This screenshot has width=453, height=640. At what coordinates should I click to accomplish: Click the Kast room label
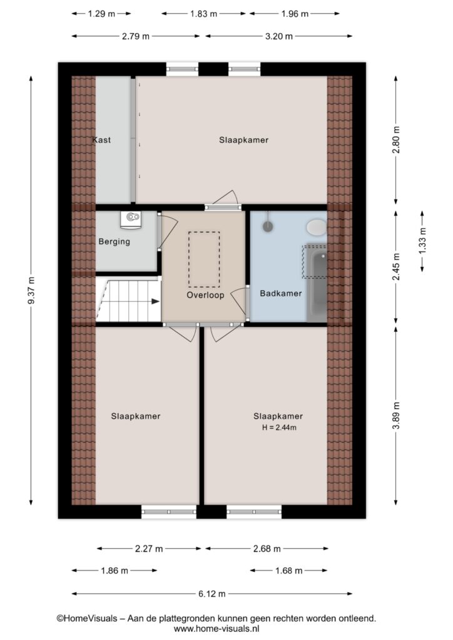(101, 140)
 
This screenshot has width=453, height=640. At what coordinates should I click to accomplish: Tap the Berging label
(115, 242)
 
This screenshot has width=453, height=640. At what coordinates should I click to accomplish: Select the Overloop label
(205, 295)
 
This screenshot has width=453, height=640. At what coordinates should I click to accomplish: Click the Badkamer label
(281, 294)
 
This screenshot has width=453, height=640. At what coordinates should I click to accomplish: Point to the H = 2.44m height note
(279, 427)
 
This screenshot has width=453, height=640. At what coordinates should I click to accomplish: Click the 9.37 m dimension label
(31, 290)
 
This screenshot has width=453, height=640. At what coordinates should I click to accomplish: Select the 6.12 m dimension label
(212, 594)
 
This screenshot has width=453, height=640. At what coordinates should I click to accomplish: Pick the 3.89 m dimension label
(396, 415)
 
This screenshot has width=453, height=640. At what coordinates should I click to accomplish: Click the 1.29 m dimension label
(102, 14)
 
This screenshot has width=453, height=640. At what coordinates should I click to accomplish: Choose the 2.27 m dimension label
(149, 549)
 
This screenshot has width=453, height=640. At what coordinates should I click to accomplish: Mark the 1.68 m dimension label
(289, 571)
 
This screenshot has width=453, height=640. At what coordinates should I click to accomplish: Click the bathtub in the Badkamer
(317, 283)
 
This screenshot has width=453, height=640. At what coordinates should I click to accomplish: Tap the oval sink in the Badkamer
(317, 227)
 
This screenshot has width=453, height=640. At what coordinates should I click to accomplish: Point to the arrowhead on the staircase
(156, 301)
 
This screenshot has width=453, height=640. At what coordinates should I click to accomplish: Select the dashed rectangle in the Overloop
(204, 259)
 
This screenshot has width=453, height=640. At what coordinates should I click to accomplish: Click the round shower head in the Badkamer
(268, 226)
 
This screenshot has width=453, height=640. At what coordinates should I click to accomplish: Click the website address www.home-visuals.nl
(216, 629)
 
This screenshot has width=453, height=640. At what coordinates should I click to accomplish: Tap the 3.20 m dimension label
(279, 36)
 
